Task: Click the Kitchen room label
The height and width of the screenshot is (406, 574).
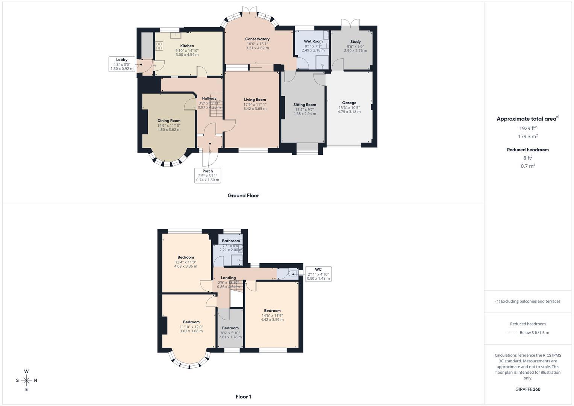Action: [x=187, y=46]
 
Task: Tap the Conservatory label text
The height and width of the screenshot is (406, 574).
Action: [x=257, y=39]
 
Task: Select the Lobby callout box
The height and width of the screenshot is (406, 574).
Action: [x=122, y=64]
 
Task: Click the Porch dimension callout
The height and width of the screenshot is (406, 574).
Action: [x=207, y=176]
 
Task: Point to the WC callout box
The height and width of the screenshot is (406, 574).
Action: [x=318, y=274]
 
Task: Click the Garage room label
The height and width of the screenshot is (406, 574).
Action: [x=349, y=103]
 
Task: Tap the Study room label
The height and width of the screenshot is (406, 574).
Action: [x=355, y=42]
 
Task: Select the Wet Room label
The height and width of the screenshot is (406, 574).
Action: [x=313, y=41]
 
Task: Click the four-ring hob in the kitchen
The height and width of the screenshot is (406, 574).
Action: [x=159, y=46]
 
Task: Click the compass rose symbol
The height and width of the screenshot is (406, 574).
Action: [x=26, y=380]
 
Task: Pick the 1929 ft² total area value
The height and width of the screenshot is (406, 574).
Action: [x=528, y=128]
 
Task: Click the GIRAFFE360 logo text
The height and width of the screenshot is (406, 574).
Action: [x=528, y=389]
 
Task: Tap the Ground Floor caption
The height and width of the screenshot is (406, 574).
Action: [x=243, y=195]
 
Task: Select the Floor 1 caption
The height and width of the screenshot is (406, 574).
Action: [x=243, y=397]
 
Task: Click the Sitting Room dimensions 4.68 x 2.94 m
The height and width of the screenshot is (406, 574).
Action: [x=304, y=114]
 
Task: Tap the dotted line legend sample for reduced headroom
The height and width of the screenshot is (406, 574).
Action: [x=512, y=333]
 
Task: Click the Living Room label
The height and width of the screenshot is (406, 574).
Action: [x=254, y=100]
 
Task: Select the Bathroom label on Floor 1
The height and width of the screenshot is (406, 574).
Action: [x=230, y=241]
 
